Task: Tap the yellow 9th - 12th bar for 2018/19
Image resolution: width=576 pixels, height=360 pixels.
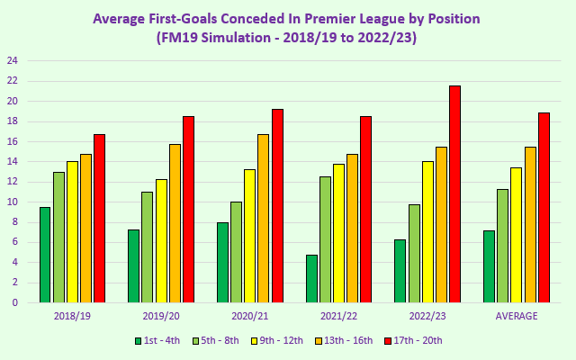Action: tap(72, 232)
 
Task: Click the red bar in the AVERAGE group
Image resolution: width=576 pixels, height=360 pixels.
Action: tap(544, 208)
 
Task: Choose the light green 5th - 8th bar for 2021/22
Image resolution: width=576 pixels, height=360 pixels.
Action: tap(325, 239)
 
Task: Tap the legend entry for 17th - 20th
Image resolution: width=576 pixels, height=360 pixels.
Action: tap(414, 340)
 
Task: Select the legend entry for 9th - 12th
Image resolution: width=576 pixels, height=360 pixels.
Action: tap(285, 340)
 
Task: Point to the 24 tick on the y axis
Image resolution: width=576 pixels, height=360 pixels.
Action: tap(13, 61)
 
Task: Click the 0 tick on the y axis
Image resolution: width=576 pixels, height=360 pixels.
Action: tap(15, 303)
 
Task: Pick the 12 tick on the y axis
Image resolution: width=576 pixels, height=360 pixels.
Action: tap(13, 182)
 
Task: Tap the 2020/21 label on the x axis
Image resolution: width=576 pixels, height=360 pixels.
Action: tap(249, 316)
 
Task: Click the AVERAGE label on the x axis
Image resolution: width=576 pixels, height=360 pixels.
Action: tap(517, 316)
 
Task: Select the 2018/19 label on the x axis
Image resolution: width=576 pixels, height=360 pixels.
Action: tap(72, 316)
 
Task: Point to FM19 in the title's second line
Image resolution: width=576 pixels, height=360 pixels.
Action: tap(177, 38)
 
